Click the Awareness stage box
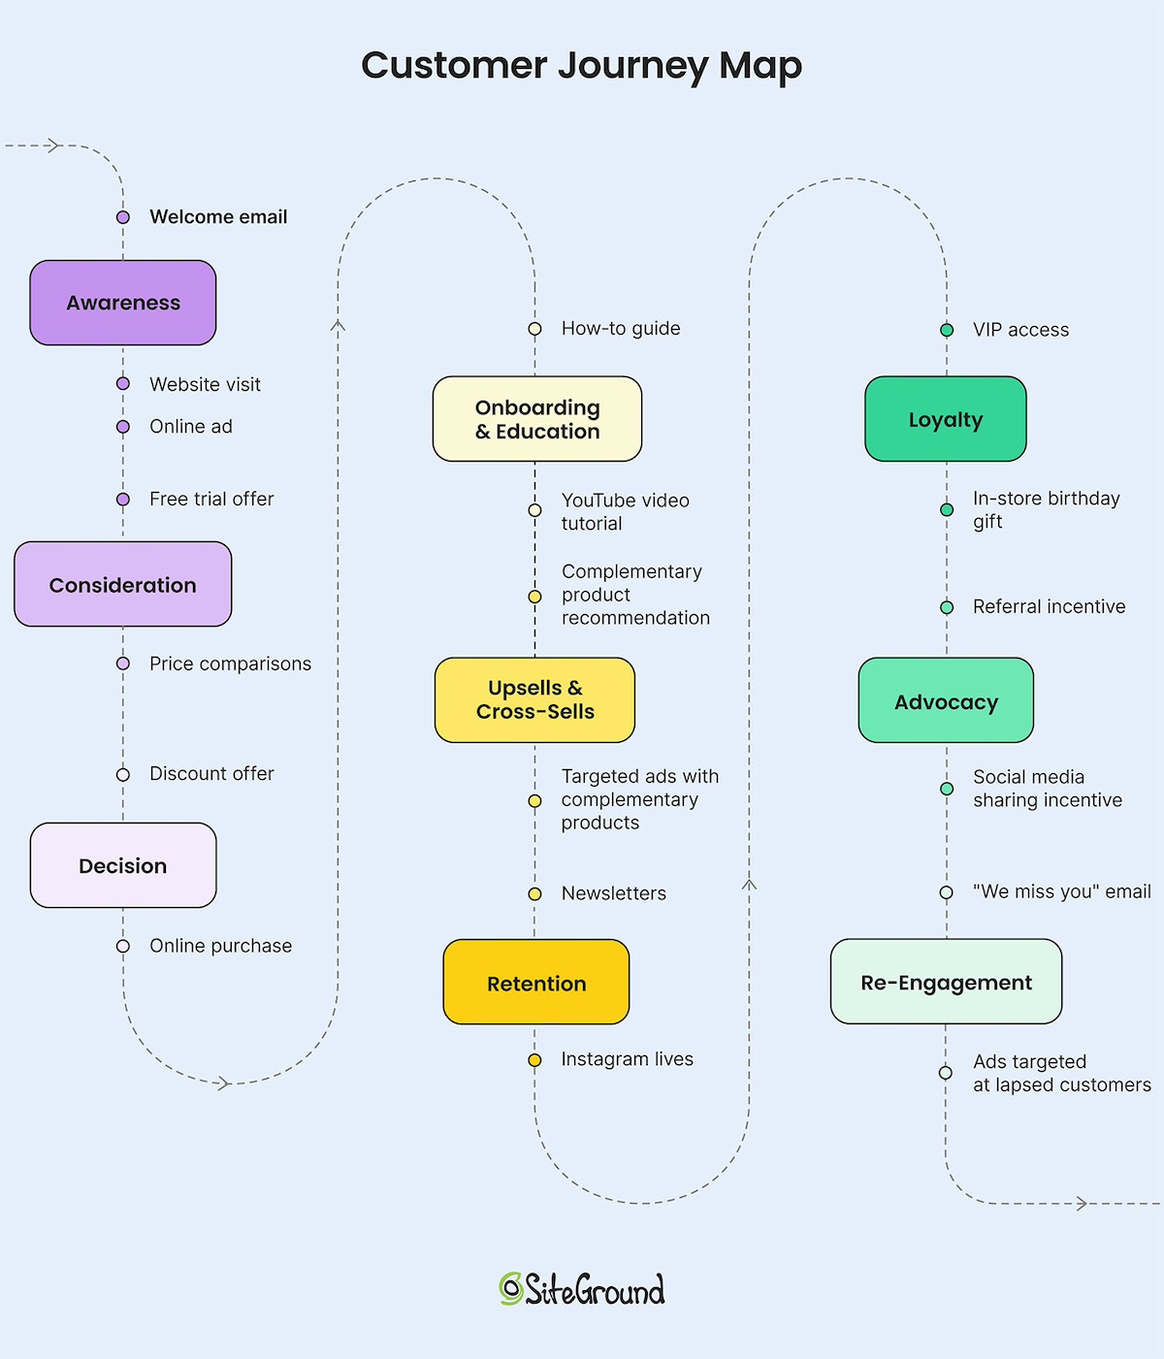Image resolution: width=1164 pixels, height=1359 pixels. [123, 303]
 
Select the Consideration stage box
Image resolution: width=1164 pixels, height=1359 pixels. [123, 585]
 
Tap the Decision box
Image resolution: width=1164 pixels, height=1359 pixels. [123, 865]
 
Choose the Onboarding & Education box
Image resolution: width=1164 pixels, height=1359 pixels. [537, 419]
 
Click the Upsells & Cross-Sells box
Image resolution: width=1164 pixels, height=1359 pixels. [535, 699]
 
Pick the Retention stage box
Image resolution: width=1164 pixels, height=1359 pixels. [536, 983]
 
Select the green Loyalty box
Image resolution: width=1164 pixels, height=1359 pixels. [946, 419]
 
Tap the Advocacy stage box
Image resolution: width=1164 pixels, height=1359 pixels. [946, 700]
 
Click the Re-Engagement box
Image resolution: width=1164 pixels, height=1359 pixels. [946, 982]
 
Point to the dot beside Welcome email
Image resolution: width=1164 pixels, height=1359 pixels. [123, 217]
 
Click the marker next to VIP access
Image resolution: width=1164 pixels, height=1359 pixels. [947, 330]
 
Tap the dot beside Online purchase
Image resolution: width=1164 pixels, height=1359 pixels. [123, 946]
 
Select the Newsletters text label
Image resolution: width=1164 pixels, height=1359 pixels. [613, 893]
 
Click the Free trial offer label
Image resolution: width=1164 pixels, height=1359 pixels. [211, 499]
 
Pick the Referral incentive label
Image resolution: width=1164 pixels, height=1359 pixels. [1049, 606]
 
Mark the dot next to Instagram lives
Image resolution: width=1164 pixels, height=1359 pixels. [534, 1060]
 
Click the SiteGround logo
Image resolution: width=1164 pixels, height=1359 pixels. [582, 1289]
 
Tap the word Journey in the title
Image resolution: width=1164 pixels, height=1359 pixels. [631, 66]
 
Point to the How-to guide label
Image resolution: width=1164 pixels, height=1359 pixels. [621, 329]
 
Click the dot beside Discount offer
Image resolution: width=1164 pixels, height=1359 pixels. [123, 774]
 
